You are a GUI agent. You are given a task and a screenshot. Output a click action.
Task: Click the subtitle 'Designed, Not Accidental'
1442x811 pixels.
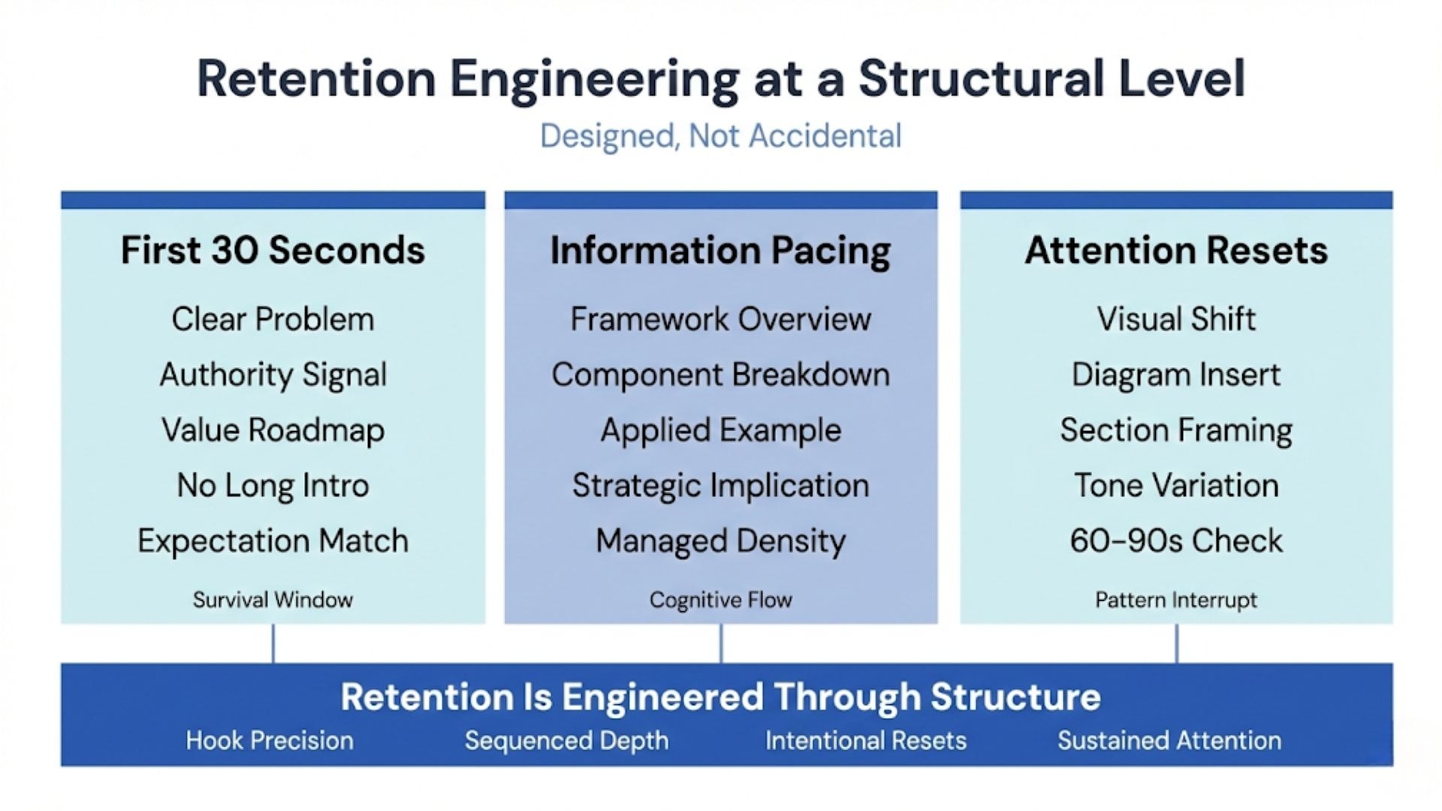tap(720, 136)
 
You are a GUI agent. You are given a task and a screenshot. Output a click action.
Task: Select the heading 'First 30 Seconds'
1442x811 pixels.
tap(273, 250)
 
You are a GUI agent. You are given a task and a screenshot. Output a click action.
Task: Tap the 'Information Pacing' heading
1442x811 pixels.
tap(720, 250)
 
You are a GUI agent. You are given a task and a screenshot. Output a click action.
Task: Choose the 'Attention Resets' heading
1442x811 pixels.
tap(1176, 250)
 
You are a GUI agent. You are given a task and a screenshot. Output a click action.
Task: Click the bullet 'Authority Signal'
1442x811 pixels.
tap(273, 374)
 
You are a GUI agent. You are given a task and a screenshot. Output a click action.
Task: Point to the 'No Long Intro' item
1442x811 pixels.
tap(273, 485)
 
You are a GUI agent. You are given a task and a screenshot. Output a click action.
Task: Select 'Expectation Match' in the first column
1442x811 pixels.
tap(273, 541)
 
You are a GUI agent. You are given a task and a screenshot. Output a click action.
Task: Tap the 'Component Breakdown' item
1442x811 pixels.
tap(720, 374)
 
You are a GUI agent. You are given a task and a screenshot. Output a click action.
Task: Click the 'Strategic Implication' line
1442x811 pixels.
tap(720, 485)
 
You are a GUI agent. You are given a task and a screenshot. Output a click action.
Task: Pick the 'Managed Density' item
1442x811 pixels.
tap(720, 541)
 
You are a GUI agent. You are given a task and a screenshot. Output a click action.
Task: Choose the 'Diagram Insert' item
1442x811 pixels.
tap(1176, 374)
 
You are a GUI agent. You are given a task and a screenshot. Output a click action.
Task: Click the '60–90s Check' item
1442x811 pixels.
tap(1176, 541)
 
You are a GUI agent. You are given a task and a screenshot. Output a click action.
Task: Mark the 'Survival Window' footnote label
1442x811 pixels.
tap(273, 599)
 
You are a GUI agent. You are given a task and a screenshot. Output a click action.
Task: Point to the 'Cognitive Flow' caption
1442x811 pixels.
tap(720, 599)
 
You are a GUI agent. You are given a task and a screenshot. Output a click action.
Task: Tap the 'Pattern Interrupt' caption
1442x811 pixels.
tap(1176, 599)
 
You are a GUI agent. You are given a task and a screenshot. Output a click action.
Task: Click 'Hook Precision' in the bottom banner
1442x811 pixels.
tap(270, 740)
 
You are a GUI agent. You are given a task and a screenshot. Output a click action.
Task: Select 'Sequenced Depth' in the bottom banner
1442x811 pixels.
tap(566, 740)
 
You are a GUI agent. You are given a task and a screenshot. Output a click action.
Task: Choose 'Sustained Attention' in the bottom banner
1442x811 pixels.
tap(1169, 740)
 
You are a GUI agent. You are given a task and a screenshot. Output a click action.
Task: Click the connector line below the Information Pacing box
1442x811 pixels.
tap(721, 644)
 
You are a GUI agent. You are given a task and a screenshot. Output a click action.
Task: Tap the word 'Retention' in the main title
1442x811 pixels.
tap(316, 78)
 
